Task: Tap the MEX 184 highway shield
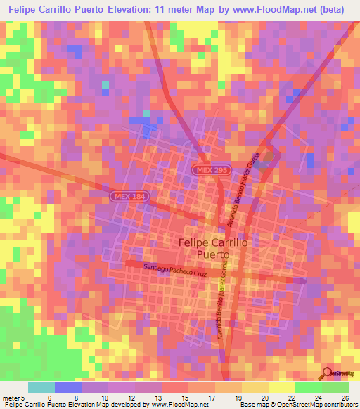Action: click(128, 197)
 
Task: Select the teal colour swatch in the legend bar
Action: click(41, 387)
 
